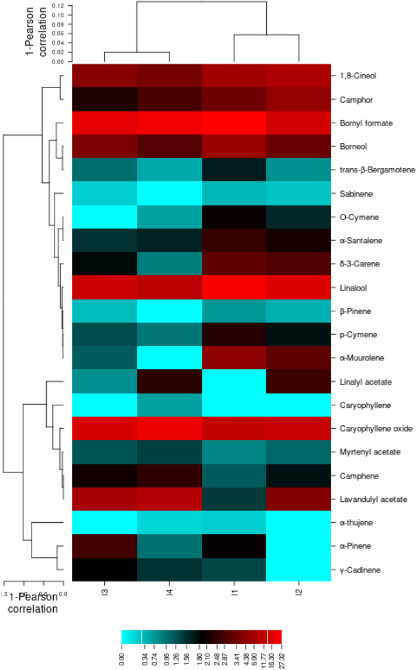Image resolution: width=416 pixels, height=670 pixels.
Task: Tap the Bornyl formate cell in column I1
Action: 234,123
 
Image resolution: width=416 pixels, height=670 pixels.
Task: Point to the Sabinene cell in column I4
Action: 169,193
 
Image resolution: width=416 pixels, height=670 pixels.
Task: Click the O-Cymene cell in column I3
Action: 105,217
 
